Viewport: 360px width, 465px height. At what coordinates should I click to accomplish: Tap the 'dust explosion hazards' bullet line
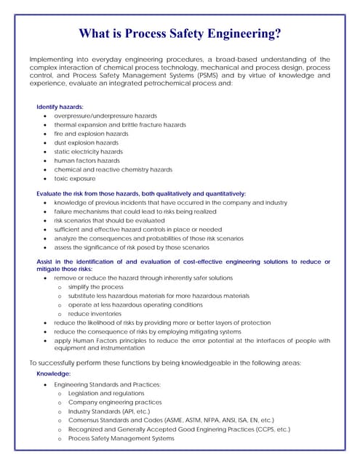[x=86, y=143]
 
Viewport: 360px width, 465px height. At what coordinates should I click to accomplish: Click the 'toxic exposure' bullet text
[x=74, y=179]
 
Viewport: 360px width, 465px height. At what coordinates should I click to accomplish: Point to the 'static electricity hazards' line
[x=88, y=152]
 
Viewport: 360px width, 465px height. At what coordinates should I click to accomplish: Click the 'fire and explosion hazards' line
[x=91, y=134]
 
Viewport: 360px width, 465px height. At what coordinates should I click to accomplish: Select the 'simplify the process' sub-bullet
[x=95, y=287]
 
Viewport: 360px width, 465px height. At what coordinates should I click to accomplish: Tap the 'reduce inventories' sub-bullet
[x=95, y=314]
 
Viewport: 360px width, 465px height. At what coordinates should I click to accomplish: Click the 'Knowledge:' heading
[x=53, y=373]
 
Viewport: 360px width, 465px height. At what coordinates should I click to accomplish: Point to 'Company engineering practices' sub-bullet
[x=115, y=402]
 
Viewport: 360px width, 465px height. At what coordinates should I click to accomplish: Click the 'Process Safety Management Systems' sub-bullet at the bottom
[x=121, y=438]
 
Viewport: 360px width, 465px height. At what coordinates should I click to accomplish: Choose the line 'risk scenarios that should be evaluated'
[x=109, y=220]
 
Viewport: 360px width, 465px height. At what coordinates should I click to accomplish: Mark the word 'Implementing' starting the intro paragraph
[x=52, y=60]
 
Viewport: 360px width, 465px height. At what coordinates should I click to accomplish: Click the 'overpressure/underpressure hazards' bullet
[x=105, y=116]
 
